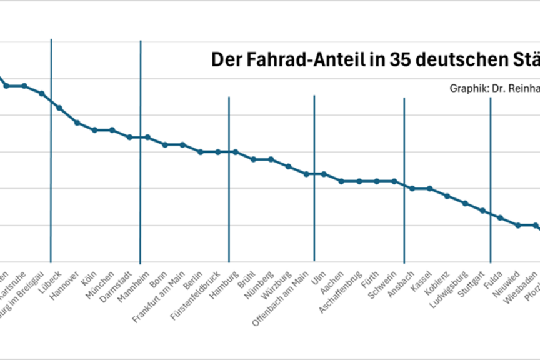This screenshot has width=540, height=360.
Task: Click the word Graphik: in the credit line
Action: coord(465,88)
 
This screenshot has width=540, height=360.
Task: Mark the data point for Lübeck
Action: coord(59,107)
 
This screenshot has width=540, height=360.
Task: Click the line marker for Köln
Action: coord(95,130)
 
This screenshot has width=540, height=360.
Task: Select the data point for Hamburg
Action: coord(236,152)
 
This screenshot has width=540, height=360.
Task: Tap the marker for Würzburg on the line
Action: coord(289,166)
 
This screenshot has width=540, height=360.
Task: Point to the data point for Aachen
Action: coord(341,181)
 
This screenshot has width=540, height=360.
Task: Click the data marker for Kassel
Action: coord(429,188)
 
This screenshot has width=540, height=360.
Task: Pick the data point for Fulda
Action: coord(500,217)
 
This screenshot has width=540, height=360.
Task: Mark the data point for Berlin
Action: coord(201,152)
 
